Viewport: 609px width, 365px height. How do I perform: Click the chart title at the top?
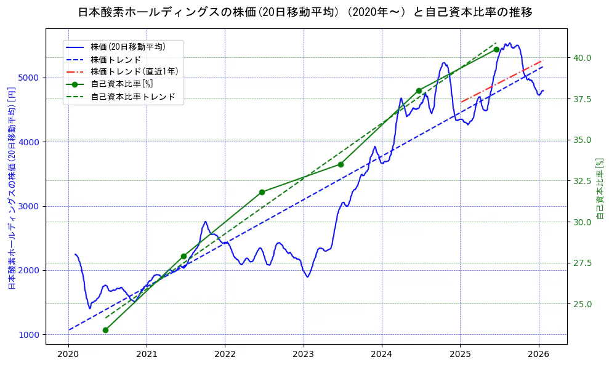[x=305, y=12]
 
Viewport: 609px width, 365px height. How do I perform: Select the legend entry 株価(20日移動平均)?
[x=127, y=46]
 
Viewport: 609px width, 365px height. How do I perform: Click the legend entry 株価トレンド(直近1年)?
[x=134, y=71]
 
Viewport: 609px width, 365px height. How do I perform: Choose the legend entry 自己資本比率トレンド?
[x=132, y=97]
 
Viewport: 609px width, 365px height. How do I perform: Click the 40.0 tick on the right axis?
[x=583, y=58]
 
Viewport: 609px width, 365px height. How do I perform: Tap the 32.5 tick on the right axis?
[x=583, y=181]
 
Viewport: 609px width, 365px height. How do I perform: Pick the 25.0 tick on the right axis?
[x=583, y=304]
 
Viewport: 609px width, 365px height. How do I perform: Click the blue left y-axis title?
[x=11, y=188]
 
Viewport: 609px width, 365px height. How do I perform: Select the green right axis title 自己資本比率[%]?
[x=601, y=188]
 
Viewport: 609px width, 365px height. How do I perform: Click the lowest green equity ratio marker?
[x=105, y=330]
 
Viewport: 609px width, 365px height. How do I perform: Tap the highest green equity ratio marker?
[x=496, y=49]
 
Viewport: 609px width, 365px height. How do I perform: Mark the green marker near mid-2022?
[x=262, y=192]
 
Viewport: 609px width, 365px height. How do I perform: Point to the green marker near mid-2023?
[x=341, y=164]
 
